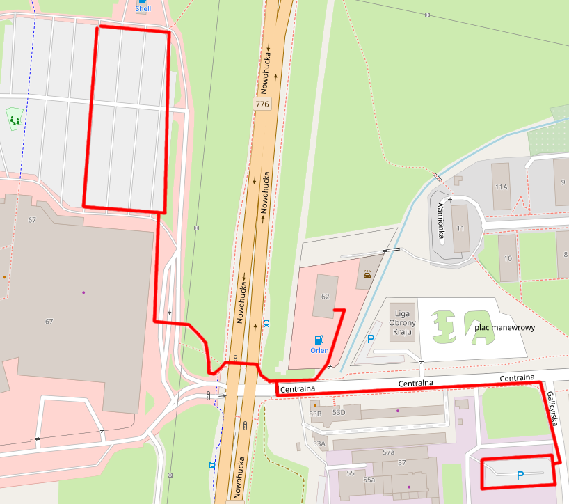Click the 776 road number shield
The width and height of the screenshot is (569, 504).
[262, 104]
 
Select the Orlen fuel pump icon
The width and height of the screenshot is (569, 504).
[319, 340]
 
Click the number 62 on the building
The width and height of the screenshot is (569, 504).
[324, 297]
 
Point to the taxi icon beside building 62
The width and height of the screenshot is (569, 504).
[367, 274]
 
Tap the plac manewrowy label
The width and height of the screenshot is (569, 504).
[504, 327]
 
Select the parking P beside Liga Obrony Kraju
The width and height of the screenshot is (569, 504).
[371, 340]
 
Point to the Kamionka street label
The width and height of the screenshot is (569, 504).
[441, 222]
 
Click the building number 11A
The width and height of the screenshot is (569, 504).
[501, 187]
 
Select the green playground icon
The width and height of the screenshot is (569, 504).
[15, 120]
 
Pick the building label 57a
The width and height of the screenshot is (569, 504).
[388, 452]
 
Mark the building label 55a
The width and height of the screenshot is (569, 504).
[369, 480]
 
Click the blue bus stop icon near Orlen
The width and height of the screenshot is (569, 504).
[266, 324]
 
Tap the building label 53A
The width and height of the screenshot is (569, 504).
[319, 443]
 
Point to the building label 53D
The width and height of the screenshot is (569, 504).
[339, 412]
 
